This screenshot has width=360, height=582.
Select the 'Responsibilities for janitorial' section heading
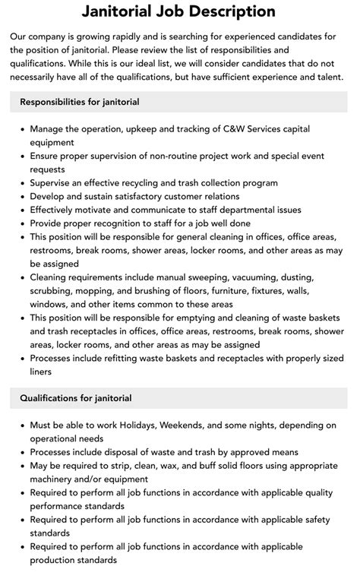click(x=80, y=101)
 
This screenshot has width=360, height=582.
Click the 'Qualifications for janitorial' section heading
click(x=76, y=397)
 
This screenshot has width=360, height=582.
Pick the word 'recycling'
click(x=147, y=183)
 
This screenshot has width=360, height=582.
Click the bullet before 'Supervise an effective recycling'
click(x=21, y=183)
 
